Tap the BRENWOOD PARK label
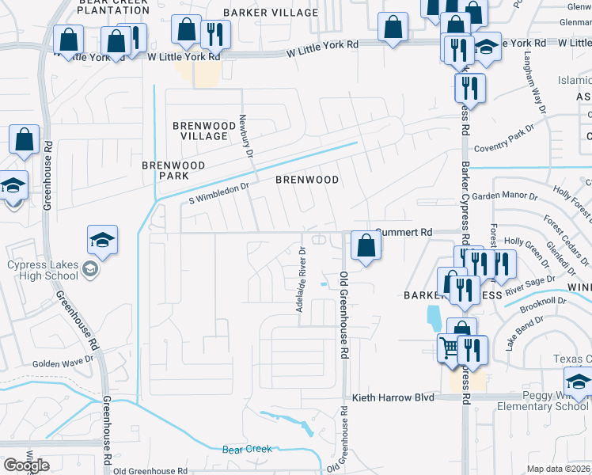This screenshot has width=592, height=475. click(173, 170)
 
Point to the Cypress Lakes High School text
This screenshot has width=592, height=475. click(43, 270)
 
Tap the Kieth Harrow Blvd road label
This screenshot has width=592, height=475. click(393, 397)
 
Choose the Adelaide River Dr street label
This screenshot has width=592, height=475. click(301, 279)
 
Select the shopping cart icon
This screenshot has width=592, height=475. click(449, 346)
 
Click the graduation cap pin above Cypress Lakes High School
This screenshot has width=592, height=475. click(102, 239)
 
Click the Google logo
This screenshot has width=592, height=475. click(26, 465)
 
